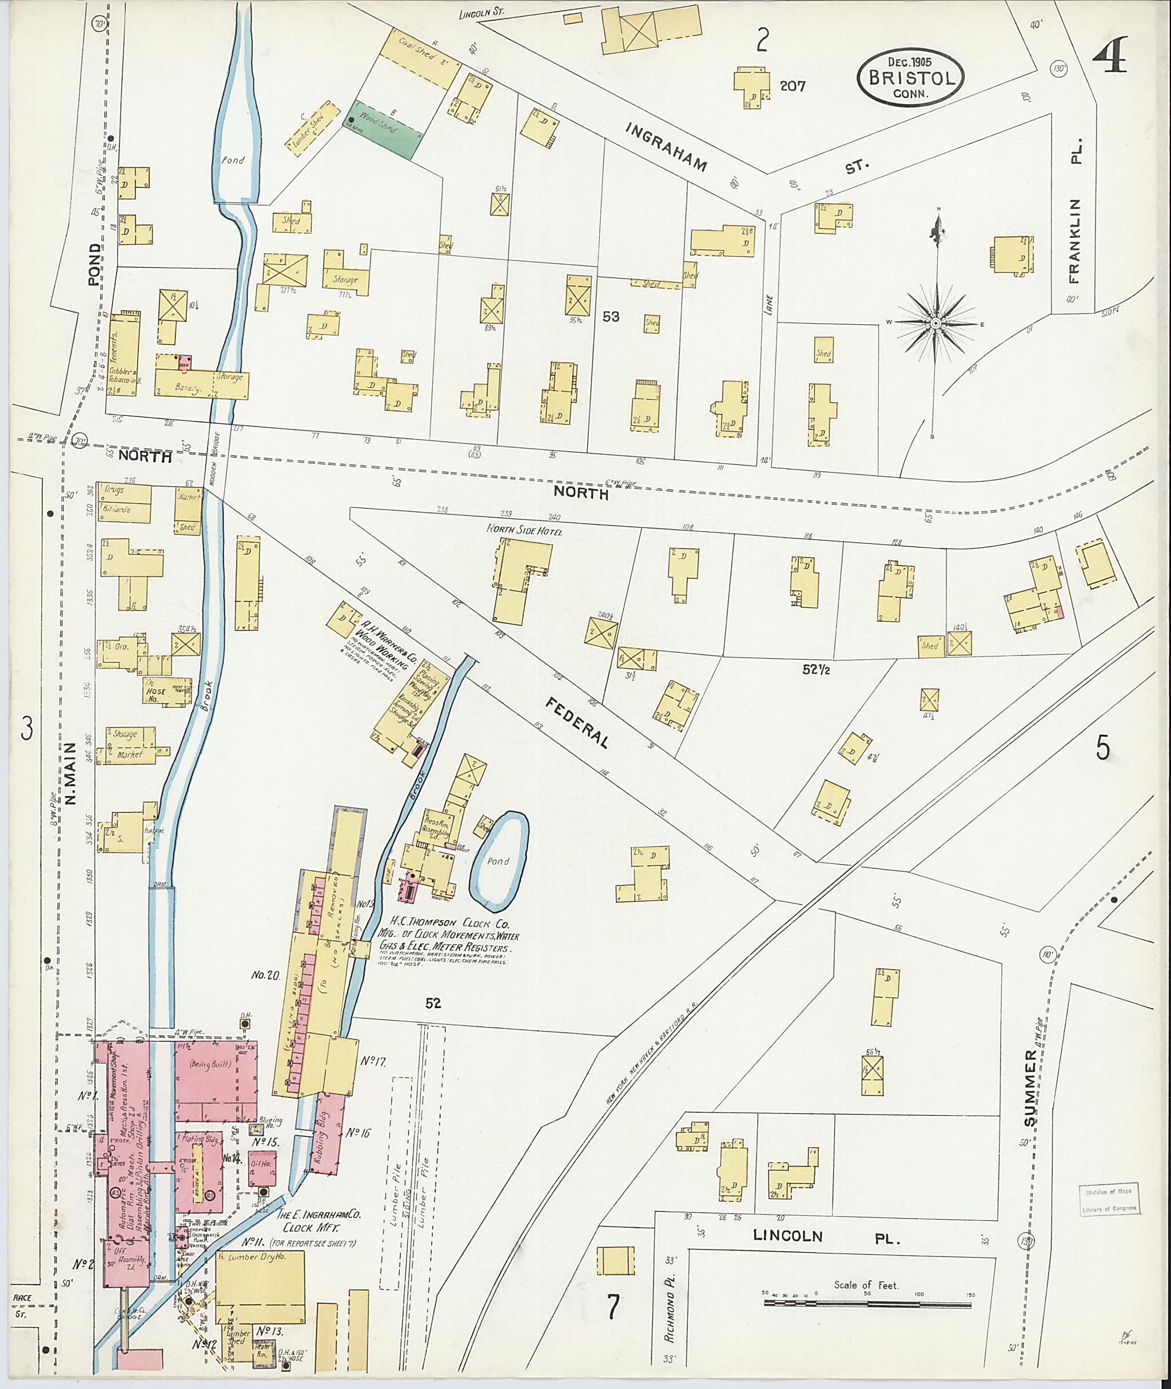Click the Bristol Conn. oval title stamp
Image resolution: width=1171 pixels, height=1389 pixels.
point(910,78)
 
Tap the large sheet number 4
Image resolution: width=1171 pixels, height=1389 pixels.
point(1110,56)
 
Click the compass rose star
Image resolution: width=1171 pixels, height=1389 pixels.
point(935,323)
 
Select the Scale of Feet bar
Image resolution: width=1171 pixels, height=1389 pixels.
point(867,1304)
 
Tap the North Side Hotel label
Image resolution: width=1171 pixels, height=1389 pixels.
point(524,531)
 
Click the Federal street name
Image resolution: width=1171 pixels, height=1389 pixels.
point(577,722)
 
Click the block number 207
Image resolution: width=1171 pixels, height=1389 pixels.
point(792,86)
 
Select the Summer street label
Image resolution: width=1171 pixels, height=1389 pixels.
point(1030,1088)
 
